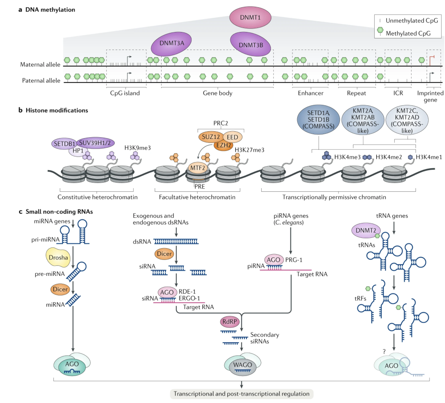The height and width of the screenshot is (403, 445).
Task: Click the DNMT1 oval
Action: tap(250, 18)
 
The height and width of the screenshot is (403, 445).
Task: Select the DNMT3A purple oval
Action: tap(171, 43)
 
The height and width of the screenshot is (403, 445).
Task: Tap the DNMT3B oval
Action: tap(251, 45)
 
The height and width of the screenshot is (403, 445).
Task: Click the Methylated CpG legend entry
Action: tap(408, 33)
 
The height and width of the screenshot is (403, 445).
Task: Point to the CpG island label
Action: tap(125, 93)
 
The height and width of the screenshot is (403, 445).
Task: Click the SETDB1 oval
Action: tap(64, 144)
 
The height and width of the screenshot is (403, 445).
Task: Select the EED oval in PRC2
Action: tap(232, 137)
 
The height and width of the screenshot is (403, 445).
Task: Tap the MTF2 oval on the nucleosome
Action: tap(198, 168)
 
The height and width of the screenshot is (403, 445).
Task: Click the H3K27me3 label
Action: tap(249, 150)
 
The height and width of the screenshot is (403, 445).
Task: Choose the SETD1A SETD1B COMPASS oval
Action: tap(318, 119)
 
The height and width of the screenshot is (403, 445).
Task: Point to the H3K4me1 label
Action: tap(429, 157)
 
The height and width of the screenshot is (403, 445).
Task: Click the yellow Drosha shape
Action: tap(58, 257)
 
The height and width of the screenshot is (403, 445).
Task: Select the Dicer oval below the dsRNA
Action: tap(164, 254)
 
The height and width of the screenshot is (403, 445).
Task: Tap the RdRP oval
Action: tap(230, 322)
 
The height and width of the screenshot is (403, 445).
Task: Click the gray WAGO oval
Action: tap(243, 365)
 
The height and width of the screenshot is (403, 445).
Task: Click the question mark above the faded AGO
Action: tap(384, 351)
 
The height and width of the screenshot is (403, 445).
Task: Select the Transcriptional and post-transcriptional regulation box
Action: tap(241, 394)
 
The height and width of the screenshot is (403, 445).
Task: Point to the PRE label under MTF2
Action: tap(199, 186)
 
